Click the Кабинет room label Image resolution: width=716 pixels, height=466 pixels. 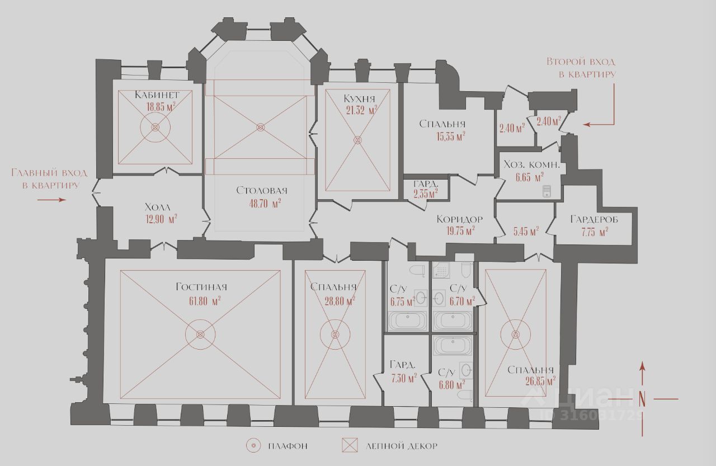click(157, 95)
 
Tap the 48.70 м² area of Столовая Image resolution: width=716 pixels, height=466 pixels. click(265, 204)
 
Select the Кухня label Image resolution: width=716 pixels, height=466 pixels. click(359, 98)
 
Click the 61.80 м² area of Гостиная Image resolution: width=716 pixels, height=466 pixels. click(205, 301)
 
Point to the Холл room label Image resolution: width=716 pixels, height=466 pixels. click(158, 206)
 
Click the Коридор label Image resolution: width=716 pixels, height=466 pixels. click(460, 219)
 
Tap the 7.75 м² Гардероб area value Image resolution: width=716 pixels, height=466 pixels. click(594, 232)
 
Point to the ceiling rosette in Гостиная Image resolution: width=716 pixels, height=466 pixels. click(200, 335)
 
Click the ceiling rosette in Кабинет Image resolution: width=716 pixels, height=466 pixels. click(156, 128)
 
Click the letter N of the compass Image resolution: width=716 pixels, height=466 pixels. click(642, 399)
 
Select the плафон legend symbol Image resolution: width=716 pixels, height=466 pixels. click(253, 446)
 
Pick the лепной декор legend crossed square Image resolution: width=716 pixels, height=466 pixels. click(350, 446)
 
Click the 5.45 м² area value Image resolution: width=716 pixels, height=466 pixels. click(526, 230)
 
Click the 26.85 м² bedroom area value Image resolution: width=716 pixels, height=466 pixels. click(540, 382)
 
